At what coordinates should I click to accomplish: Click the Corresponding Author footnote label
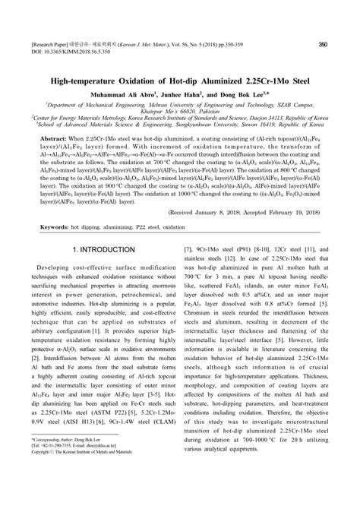[54, 482]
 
